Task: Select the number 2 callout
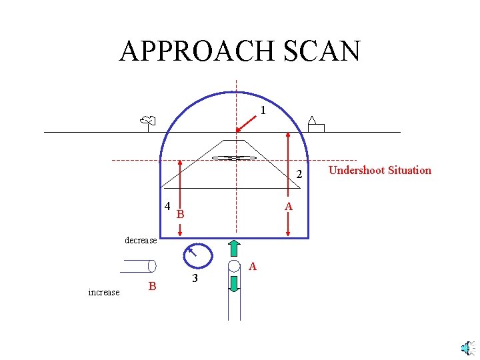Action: (x=299, y=175)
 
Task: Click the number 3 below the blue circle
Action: (x=194, y=278)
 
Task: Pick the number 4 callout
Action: (x=167, y=206)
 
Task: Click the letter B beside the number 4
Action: (x=180, y=214)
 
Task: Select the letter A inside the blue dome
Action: (x=289, y=207)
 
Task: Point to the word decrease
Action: (x=141, y=240)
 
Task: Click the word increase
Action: (x=103, y=292)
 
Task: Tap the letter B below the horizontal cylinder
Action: (x=152, y=286)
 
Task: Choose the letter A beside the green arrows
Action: (x=252, y=266)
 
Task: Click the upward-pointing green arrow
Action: (x=234, y=247)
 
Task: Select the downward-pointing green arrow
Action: (x=234, y=283)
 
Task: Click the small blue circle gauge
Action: (x=197, y=255)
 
